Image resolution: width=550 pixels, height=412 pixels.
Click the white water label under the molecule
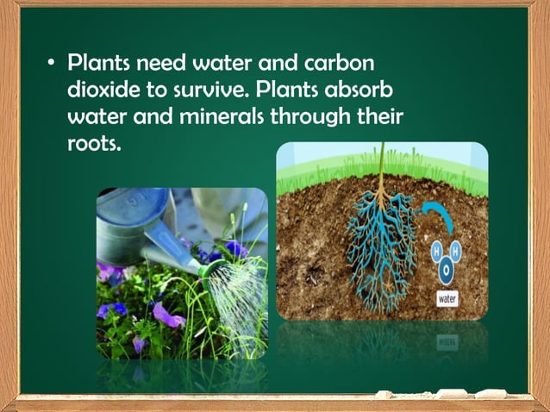447,300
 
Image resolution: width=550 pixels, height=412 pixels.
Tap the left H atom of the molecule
435,251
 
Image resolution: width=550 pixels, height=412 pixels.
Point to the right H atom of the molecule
457,250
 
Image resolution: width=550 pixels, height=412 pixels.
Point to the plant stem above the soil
378,168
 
